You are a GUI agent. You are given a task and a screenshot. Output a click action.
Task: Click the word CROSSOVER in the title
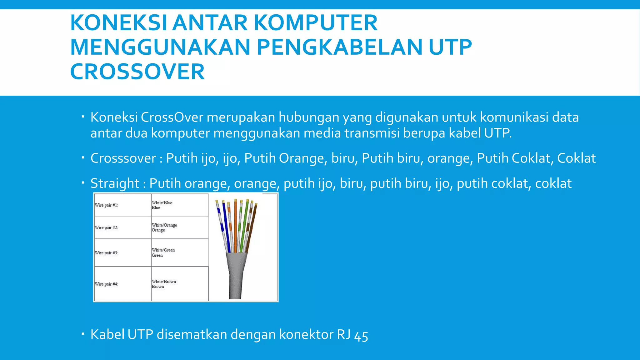(137, 72)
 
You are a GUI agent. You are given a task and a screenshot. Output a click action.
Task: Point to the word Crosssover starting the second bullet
(123, 158)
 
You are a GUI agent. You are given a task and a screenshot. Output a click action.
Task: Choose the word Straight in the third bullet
(115, 183)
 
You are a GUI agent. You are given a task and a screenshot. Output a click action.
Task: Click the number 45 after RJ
(361, 336)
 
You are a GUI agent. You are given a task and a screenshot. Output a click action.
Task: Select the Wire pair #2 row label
(107, 227)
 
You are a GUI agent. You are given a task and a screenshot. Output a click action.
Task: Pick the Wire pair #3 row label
(107, 252)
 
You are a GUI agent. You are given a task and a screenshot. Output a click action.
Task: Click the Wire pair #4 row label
(107, 284)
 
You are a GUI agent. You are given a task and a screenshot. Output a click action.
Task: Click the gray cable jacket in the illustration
(236, 275)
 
